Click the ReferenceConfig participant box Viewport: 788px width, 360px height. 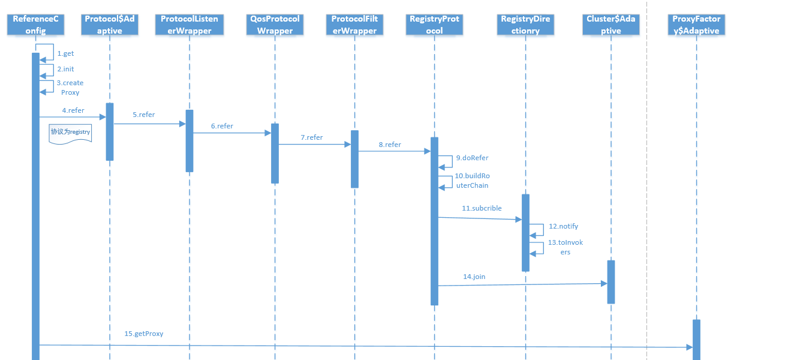pyautogui.click(x=35, y=25)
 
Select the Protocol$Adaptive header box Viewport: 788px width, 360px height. pyautogui.click(x=111, y=25)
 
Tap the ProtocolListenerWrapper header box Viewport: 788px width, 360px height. pyautogui.click(x=189, y=25)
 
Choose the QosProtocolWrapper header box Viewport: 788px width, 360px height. pyautogui.click(x=275, y=25)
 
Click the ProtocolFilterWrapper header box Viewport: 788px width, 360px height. pyautogui.click(x=354, y=25)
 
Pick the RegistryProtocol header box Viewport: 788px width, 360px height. pyautogui.click(x=434, y=25)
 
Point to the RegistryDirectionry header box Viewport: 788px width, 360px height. pyautogui.click(x=525, y=25)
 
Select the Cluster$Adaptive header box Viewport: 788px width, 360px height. pyautogui.click(x=611, y=25)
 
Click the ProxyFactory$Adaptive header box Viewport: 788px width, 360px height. pyautogui.click(x=696, y=25)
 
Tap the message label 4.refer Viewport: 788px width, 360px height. pyautogui.click(x=73, y=110)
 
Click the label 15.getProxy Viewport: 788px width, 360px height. pyautogui.click(x=143, y=334)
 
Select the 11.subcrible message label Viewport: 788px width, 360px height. pyautogui.click(x=482, y=208)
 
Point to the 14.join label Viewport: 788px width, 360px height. pyautogui.click(x=474, y=277)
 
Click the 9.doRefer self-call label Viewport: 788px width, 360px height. pyautogui.click(x=472, y=158)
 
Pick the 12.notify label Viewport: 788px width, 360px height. pyautogui.click(x=563, y=226)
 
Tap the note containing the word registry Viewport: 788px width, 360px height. pyautogui.click(x=70, y=133)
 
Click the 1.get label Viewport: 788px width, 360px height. pyautogui.click(x=65, y=53)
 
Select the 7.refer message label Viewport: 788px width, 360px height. pyautogui.click(x=311, y=137)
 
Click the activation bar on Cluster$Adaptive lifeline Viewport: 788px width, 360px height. pyautogui.click(x=611, y=282)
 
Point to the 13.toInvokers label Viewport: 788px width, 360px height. pyautogui.click(x=565, y=247)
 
